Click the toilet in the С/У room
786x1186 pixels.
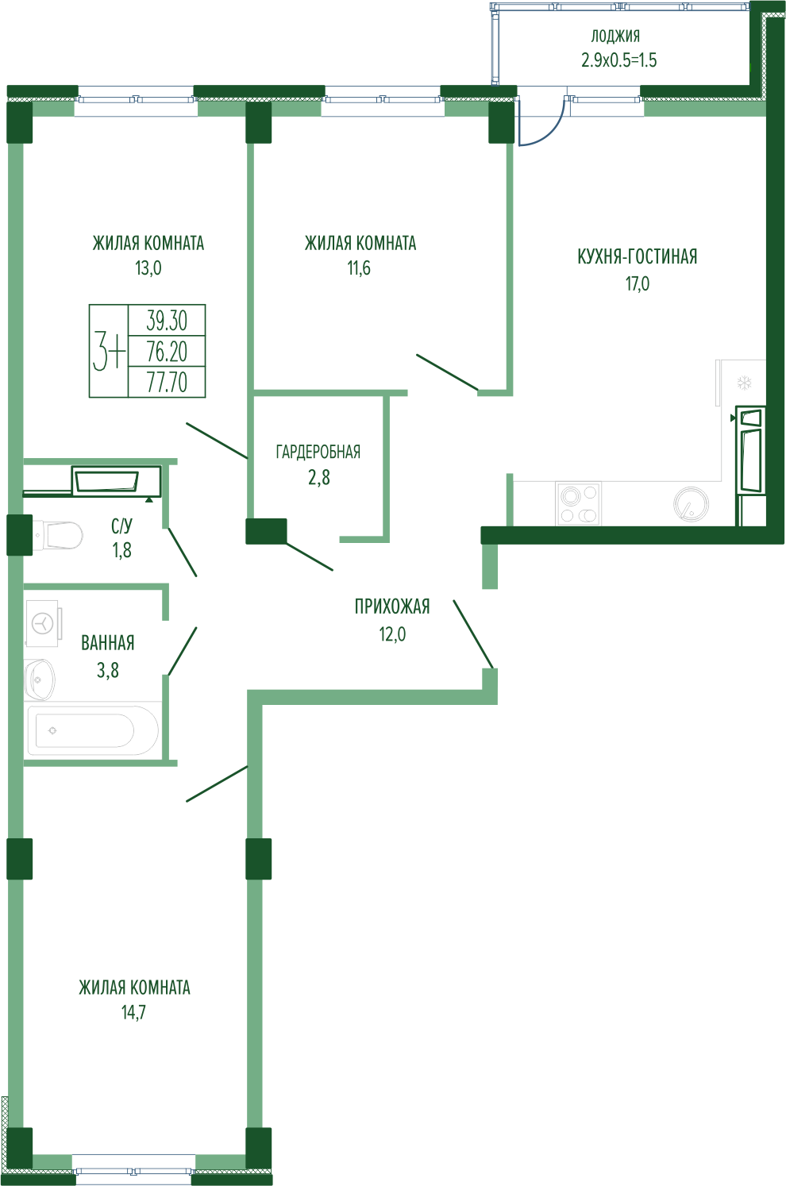point(58,535)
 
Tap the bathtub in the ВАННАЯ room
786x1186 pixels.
point(93,730)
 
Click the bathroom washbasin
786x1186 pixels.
point(40,680)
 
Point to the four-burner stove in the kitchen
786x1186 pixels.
point(578,503)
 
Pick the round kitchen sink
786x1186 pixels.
point(691,503)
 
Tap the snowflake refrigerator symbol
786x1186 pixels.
point(745,383)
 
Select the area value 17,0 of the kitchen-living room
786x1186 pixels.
point(638,283)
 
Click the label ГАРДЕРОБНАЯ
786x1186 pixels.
point(318,452)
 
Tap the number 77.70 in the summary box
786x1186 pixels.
point(167,382)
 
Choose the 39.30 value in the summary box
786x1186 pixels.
point(167,321)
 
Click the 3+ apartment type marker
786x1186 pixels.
point(109,351)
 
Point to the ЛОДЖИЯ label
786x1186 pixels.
point(615,36)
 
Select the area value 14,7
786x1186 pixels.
point(133,1012)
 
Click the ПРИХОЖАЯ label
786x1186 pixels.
point(392,606)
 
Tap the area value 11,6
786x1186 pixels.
point(359,268)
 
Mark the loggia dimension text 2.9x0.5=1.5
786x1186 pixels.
point(618,60)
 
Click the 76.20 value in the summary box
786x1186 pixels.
point(167,351)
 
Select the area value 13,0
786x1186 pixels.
point(148,268)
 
